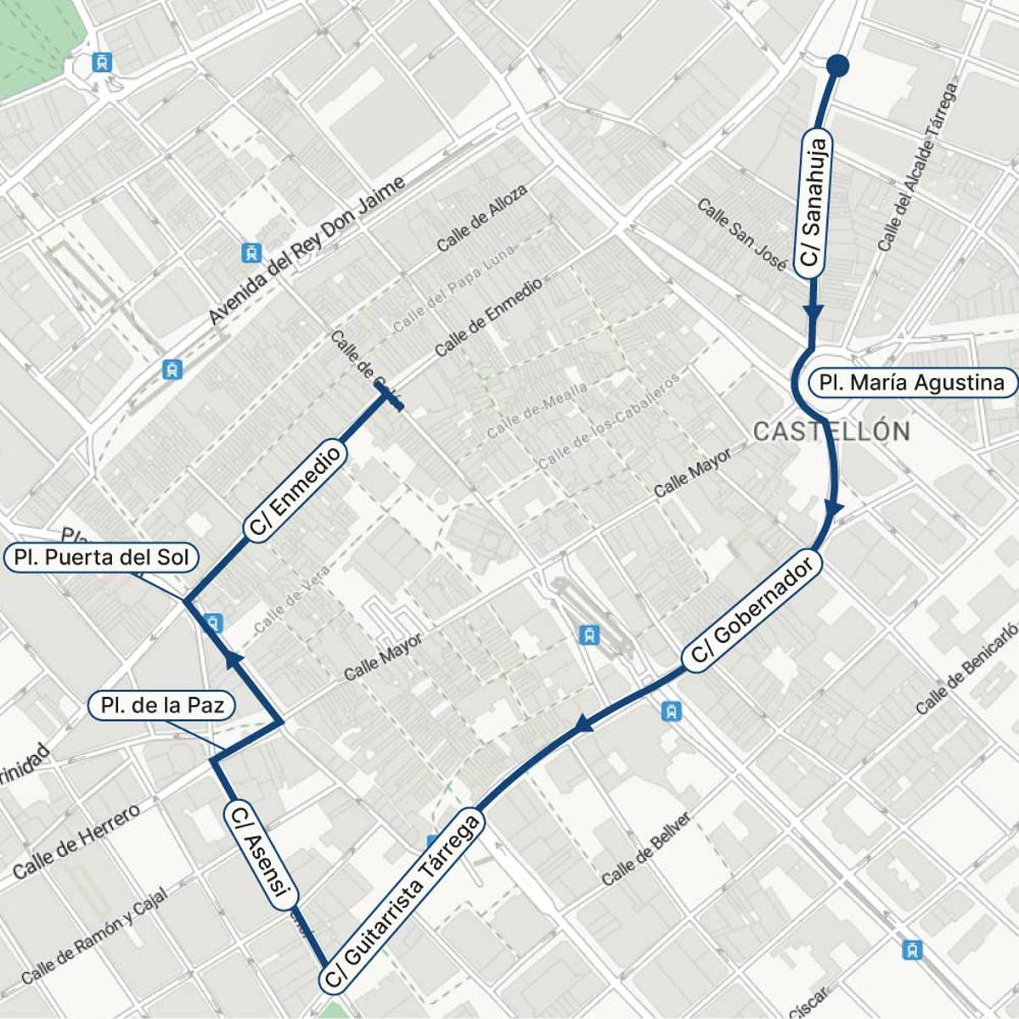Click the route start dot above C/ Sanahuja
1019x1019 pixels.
[837, 65]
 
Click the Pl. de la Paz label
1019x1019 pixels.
[162, 706]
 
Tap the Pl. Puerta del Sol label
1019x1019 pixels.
[101, 558]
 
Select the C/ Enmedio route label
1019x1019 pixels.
[295, 489]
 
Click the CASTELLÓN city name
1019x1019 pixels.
[831, 431]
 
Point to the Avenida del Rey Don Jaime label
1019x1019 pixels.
[307, 251]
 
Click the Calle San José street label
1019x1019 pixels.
[741, 234]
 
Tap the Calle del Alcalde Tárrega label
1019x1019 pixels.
[918, 166]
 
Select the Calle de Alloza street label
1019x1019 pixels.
[481, 218]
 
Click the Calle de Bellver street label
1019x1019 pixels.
[646, 848]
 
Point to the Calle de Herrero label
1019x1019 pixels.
[76, 842]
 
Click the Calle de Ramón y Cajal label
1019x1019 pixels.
[94, 935]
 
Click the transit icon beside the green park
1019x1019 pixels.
[103, 62]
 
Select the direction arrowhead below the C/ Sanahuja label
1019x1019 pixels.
[813, 312]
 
